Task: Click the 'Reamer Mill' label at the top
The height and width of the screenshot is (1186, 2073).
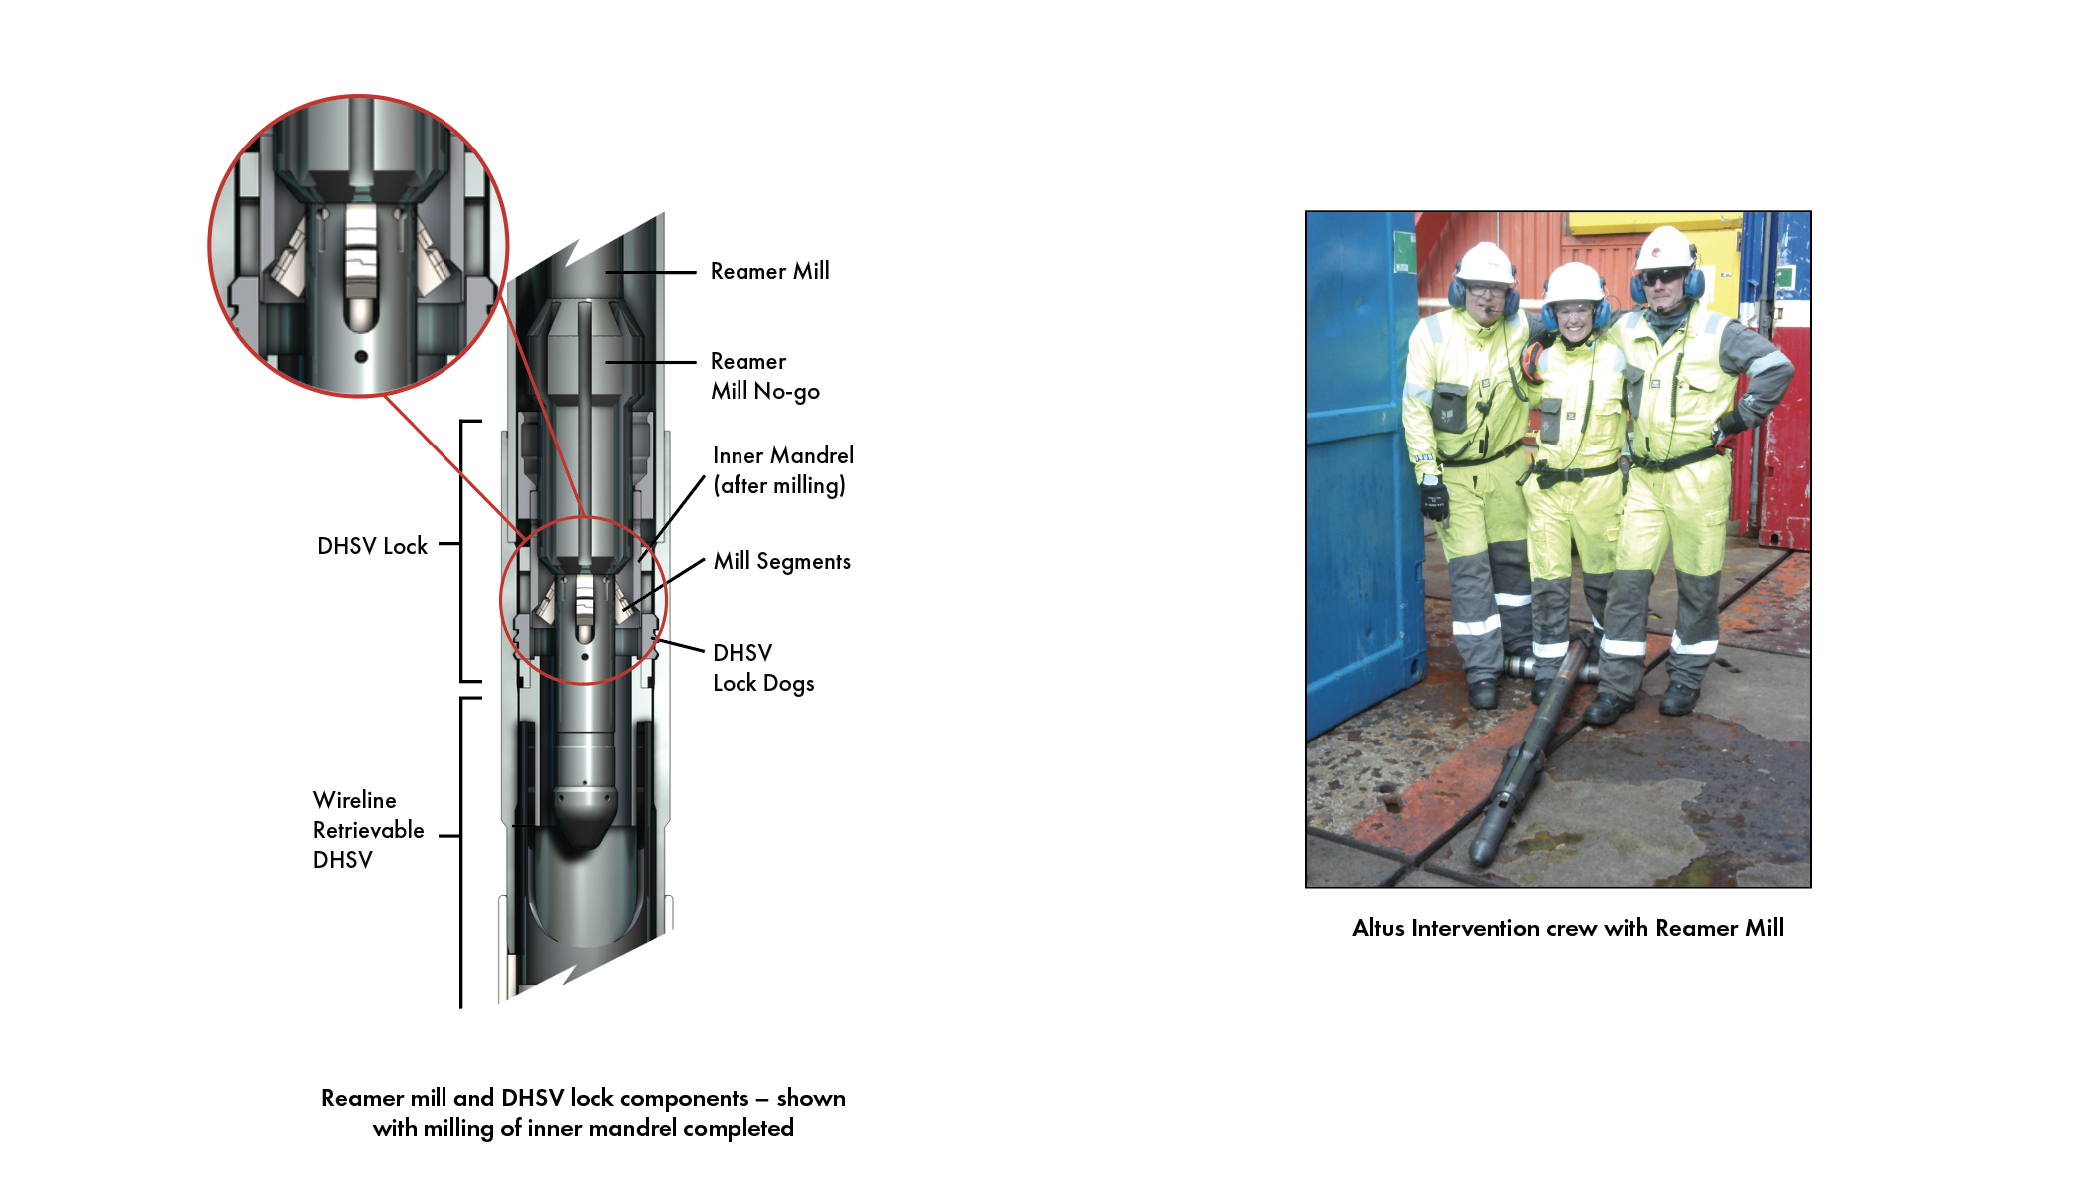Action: [x=769, y=271]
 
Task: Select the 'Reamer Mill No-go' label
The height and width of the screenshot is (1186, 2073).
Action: [x=765, y=376]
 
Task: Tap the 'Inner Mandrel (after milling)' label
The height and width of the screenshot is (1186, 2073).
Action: [x=783, y=470]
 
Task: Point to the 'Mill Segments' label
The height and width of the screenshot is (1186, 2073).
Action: [x=782, y=562]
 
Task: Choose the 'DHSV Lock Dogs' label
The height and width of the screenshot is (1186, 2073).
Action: [x=763, y=668]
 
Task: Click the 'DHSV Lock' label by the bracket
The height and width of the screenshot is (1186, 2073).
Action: [x=372, y=546]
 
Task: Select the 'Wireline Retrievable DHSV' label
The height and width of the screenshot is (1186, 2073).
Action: [x=368, y=830]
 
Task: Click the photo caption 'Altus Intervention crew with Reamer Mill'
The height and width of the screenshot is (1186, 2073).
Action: [x=1568, y=928]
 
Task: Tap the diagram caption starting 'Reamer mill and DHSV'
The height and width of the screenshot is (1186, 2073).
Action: [x=583, y=1113]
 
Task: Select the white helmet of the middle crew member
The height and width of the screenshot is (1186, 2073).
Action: [x=1573, y=283]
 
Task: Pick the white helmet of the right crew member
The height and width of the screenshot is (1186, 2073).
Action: [x=1665, y=247]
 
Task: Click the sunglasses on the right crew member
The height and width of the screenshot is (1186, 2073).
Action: [x=1664, y=276]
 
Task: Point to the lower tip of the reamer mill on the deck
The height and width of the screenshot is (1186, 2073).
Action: [x=1478, y=858]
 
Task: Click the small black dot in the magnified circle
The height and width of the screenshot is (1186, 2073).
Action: [x=361, y=356]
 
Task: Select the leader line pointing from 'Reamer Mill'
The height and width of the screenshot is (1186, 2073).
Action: [x=650, y=272]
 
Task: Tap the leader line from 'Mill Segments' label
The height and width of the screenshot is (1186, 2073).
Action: [x=664, y=584]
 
